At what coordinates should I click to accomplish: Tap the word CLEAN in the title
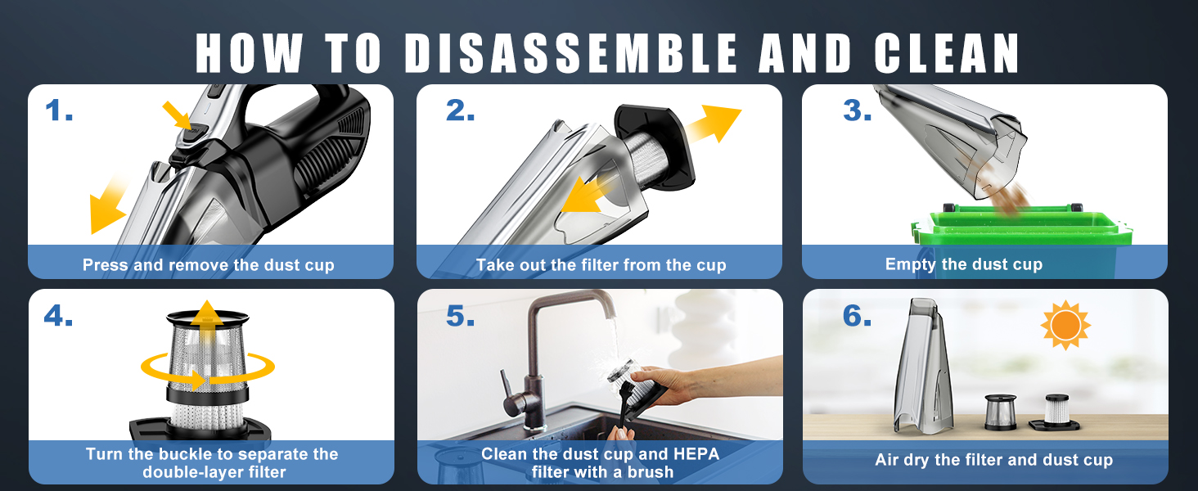pos(947,54)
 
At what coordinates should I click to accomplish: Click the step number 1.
pos(59,110)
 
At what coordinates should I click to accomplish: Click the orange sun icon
pos(1065,326)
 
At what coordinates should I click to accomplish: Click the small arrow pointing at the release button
pos(176,114)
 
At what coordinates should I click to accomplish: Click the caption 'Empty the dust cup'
pos(964,264)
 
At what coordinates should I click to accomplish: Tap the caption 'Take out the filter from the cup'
pos(601,265)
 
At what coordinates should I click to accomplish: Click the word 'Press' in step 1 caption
pos(105,265)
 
